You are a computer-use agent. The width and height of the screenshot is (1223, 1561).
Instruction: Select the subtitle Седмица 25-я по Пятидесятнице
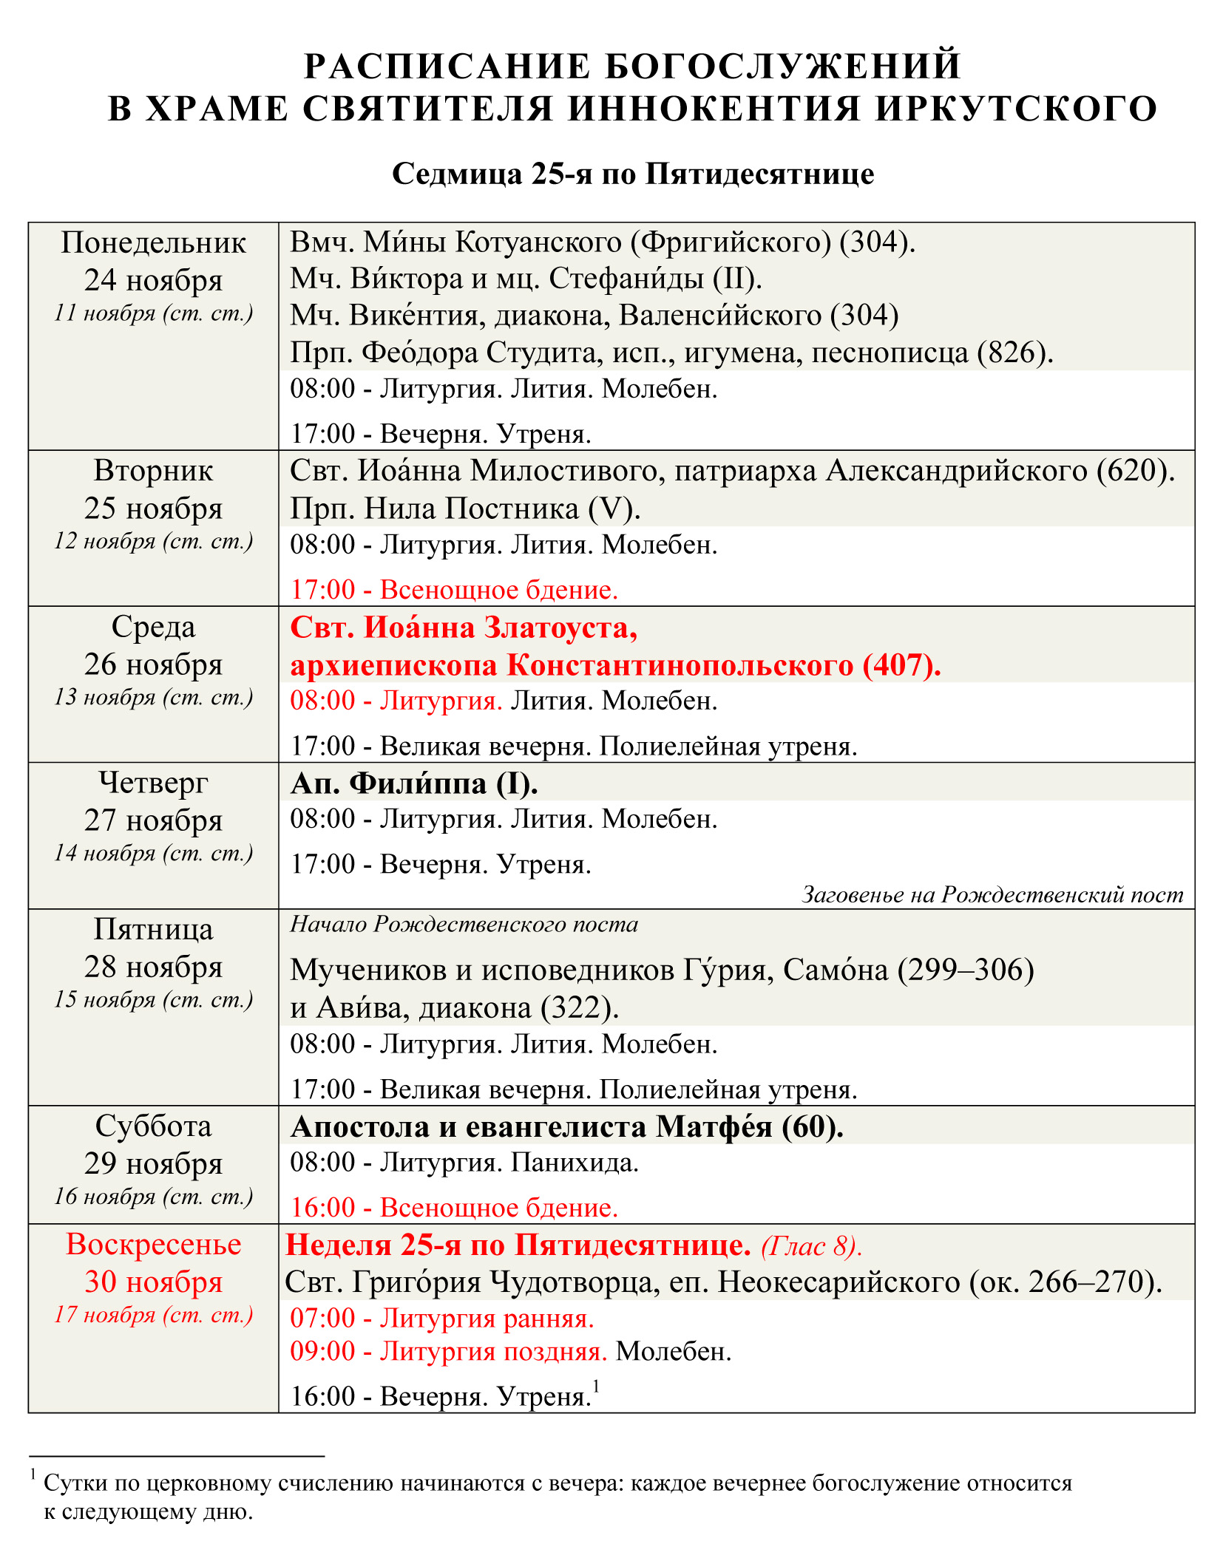click(633, 174)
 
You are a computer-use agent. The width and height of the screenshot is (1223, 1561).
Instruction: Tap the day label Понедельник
click(153, 242)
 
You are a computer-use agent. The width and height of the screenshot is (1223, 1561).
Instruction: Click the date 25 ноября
click(153, 509)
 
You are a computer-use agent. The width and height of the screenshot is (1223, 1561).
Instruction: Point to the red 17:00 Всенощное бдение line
click(454, 590)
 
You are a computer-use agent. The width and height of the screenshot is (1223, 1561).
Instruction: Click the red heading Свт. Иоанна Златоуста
click(464, 628)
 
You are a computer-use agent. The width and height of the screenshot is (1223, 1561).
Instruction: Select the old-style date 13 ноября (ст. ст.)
click(153, 697)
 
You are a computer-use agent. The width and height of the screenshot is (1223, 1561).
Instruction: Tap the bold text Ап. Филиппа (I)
click(414, 783)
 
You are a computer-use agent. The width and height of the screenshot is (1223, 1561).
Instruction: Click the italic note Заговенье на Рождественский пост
click(992, 895)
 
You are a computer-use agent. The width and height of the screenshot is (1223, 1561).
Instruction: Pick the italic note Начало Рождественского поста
click(464, 925)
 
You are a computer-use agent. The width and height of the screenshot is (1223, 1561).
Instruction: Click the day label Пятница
click(153, 929)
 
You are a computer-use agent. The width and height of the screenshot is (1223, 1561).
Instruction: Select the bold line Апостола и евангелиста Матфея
click(567, 1126)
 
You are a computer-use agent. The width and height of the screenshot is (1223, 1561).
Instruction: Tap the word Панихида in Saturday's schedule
click(575, 1163)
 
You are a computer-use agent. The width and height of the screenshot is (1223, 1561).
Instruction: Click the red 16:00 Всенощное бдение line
click(454, 1208)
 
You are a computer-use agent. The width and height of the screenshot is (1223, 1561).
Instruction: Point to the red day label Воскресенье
click(153, 1245)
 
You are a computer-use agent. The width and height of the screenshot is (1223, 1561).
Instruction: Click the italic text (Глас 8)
click(811, 1246)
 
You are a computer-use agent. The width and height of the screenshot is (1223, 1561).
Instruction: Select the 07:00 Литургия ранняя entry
click(442, 1318)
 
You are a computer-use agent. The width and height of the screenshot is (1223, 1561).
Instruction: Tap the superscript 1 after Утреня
click(596, 1387)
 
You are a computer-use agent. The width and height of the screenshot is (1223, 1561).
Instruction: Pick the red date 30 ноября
click(153, 1282)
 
